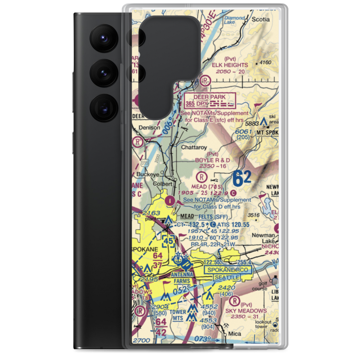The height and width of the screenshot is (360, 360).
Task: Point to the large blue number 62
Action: point(242,178)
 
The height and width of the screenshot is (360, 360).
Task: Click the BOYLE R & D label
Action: point(212,159)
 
